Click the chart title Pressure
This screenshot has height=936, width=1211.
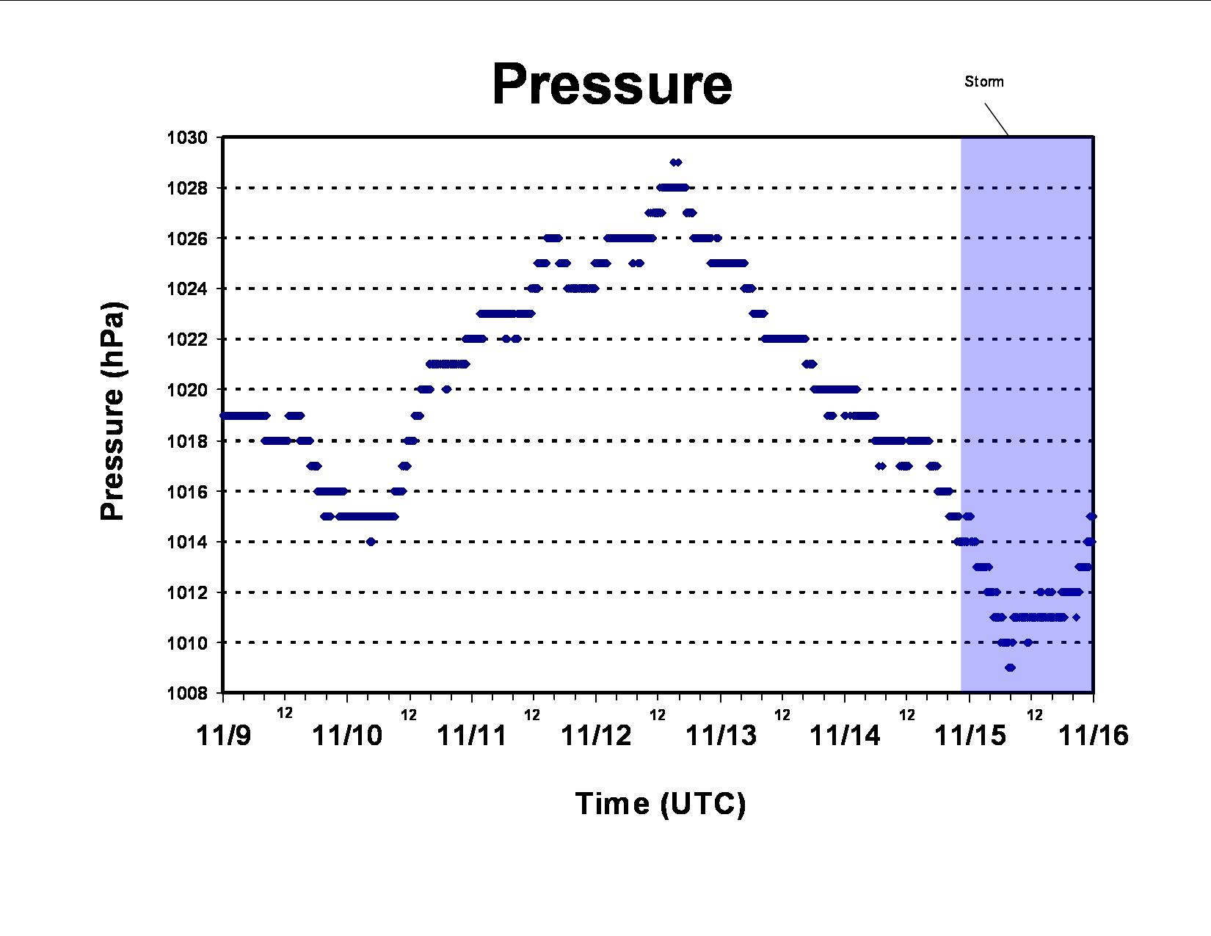point(612,84)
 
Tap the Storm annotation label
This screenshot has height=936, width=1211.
point(984,81)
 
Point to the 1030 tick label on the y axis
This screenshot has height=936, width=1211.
point(187,137)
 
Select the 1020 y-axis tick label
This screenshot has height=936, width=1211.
point(187,390)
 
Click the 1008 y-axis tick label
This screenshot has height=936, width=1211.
point(187,693)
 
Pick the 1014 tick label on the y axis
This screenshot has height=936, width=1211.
point(187,541)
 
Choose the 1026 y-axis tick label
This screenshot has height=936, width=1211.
point(187,239)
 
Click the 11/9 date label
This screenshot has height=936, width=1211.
point(223,735)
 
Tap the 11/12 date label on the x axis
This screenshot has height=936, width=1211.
point(596,735)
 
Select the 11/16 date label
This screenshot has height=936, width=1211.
point(1094,735)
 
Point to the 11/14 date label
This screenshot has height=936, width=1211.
point(845,735)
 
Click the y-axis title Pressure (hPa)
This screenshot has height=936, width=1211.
point(112,411)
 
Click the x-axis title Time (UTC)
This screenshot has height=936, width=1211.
point(661,804)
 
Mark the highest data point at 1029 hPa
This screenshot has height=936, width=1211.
point(675,162)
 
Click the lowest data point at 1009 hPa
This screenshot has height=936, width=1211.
point(1010,667)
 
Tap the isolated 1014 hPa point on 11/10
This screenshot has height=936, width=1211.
point(371,541)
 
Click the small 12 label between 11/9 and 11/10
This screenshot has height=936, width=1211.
point(285,712)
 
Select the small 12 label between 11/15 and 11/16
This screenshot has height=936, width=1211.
point(1035,715)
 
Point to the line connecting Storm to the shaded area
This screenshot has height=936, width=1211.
point(996,120)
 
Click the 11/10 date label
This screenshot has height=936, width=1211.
point(347,735)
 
